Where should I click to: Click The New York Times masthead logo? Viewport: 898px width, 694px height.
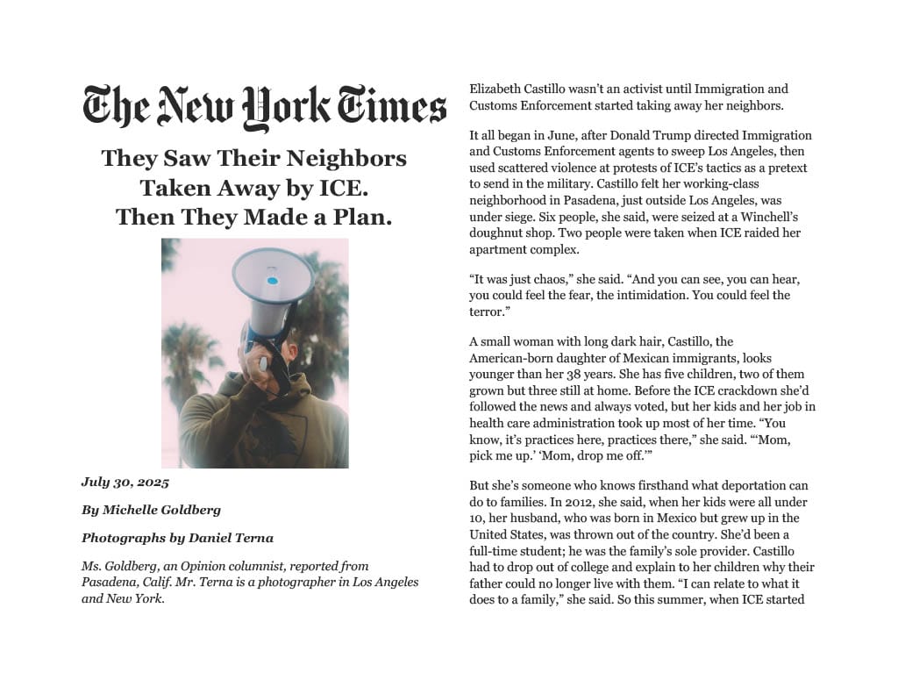click(264, 108)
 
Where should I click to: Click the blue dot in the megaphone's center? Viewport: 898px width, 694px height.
click(272, 281)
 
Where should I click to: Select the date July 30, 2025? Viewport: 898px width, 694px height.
click(125, 483)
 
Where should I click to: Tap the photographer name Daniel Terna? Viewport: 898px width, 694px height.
click(231, 538)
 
